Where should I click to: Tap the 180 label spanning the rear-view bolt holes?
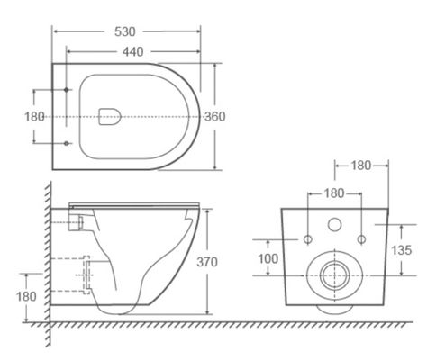point(333,193)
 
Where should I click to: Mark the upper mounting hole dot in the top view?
point(68,89)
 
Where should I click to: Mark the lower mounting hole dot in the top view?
point(68,143)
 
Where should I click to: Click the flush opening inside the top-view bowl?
point(108,115)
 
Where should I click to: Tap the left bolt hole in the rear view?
point(306,239)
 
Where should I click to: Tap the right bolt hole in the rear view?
point(360,239)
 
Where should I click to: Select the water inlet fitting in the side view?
point(77,220)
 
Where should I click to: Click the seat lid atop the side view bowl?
point(135,205)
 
